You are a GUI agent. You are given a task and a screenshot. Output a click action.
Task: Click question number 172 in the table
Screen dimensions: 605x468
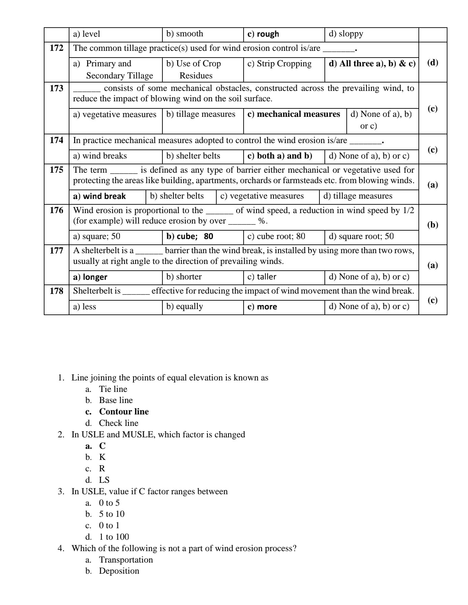point(56,48)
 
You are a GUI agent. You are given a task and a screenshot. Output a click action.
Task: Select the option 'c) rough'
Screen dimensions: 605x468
point(263,34)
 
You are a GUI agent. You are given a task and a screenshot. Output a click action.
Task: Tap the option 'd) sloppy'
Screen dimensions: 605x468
point(346,34)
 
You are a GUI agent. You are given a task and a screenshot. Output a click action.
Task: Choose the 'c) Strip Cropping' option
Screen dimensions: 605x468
point(279,64)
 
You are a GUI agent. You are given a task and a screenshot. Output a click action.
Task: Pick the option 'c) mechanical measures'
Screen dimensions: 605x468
point(293,114)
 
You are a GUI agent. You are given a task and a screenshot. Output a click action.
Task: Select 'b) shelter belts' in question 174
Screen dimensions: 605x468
point(193,156)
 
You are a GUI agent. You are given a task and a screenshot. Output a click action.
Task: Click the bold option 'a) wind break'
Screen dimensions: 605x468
point(99,196)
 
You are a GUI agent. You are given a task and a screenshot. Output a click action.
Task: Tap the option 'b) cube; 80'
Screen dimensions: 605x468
point(190,236)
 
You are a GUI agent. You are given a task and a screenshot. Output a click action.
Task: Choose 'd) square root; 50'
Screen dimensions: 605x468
point(361,236)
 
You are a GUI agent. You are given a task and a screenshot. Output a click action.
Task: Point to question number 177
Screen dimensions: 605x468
point(56,250)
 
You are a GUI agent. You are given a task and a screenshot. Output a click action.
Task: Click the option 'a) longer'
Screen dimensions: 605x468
point(90,277)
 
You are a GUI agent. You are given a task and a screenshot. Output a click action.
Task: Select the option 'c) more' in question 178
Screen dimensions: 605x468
point(262,307)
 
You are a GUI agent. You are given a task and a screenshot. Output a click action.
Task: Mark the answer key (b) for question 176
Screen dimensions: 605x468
point(433,225)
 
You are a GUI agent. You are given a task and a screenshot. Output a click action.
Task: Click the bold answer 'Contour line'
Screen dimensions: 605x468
point(124,412)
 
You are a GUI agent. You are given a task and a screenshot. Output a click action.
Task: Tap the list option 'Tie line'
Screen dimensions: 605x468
point(113,389)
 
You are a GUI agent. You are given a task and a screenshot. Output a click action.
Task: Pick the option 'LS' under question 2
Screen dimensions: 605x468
point(104,480)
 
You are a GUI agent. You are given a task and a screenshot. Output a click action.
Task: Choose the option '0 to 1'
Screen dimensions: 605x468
point(109,526)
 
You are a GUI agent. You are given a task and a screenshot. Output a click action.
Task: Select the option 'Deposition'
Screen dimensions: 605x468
point(119,571)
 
